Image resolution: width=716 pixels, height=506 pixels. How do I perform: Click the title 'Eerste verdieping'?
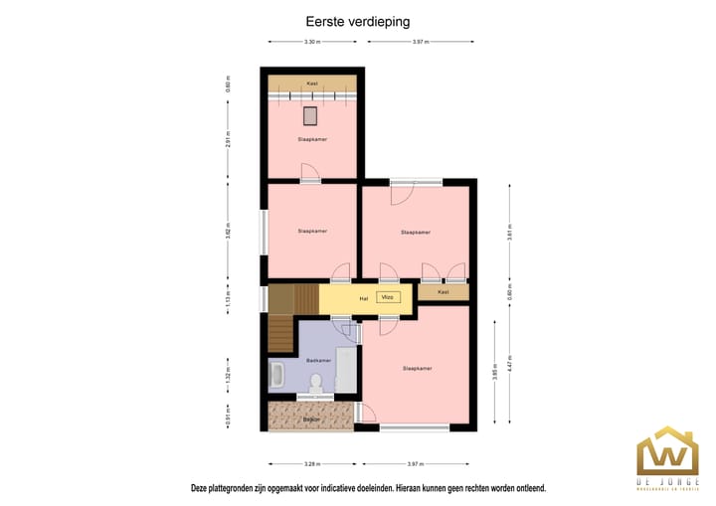pos(357,19)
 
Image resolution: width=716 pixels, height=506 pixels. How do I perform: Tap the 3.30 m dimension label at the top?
pos(312,42)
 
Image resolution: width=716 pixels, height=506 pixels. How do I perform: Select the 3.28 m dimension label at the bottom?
pos(312,464)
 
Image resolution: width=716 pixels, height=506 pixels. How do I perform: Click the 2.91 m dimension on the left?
pos(228,139)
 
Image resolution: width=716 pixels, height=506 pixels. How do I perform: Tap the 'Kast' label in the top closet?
pos(311,83)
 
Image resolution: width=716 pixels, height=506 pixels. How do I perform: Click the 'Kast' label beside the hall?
pos(444,292)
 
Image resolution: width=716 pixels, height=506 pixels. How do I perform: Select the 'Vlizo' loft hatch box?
pos(389,297)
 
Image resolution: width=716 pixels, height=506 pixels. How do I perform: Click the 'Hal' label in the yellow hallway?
pos(363,297)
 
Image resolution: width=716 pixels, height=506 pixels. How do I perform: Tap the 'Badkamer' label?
pos(317,359)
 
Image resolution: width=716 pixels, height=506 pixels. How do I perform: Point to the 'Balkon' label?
pos(311,420)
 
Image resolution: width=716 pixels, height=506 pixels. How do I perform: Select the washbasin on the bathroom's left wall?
pos(276,375)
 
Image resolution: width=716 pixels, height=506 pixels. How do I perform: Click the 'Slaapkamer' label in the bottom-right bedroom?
pos(417,368)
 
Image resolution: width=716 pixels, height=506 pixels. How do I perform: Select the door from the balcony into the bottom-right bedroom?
pos(364,416)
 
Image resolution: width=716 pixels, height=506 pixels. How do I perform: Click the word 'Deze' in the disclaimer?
pos(202,489)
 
